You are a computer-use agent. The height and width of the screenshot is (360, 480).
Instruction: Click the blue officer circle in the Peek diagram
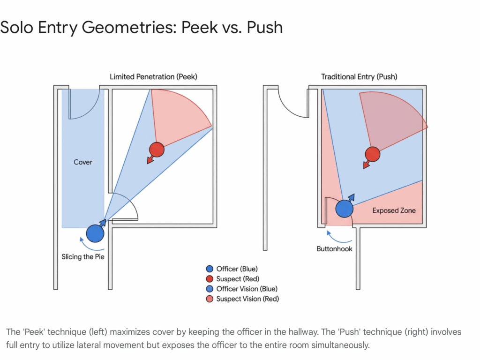tap(95, 233)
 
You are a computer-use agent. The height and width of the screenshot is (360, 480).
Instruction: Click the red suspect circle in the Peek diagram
tap(157, 150)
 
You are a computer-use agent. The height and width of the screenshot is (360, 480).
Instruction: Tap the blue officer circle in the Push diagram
tap(345, 209)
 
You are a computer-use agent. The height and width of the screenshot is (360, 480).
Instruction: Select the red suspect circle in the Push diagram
tap(373, 154)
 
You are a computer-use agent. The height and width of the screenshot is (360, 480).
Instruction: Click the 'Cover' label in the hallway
tap(83, 162)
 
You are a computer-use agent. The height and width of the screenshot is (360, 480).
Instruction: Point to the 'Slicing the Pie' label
tap(83, 256)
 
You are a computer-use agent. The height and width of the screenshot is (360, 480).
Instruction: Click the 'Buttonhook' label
tap(334, 248)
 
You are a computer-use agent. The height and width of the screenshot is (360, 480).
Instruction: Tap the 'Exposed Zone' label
tap(394, 210)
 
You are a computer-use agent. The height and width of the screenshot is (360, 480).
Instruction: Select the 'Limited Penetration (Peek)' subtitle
tap(153, 76)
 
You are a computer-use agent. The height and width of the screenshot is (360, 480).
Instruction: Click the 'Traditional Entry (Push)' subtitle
tap(359, 76)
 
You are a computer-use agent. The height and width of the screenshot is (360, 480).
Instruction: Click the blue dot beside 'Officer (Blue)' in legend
tap(210, 269)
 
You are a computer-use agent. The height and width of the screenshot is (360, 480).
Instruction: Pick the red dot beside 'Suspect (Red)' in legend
tap(210, 279)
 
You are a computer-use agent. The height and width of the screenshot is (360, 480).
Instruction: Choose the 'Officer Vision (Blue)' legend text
tap(247, 289)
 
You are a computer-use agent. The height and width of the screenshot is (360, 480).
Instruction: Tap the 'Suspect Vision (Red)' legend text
tap(247, 299)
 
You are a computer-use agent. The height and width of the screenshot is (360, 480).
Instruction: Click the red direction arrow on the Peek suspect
tap(150, 159)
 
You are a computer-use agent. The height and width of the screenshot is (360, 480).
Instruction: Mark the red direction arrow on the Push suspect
tap(367, 165)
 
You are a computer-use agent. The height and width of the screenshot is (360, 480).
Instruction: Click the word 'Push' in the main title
tap(265, 27)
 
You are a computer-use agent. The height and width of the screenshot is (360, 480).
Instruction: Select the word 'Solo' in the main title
tap(16, 27)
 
